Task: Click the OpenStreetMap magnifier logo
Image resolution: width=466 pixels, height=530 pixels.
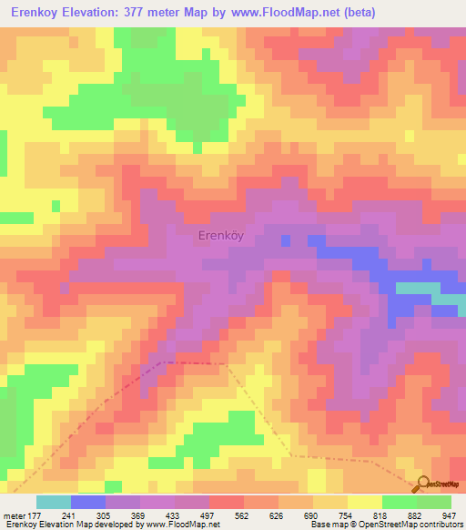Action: tap(422, 484)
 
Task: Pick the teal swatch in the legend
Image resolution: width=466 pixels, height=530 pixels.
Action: tap(54, 502)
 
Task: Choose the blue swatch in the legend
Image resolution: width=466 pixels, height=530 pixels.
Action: tap(88, 502)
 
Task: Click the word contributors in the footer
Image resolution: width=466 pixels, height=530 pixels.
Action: tap(440, 525)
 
